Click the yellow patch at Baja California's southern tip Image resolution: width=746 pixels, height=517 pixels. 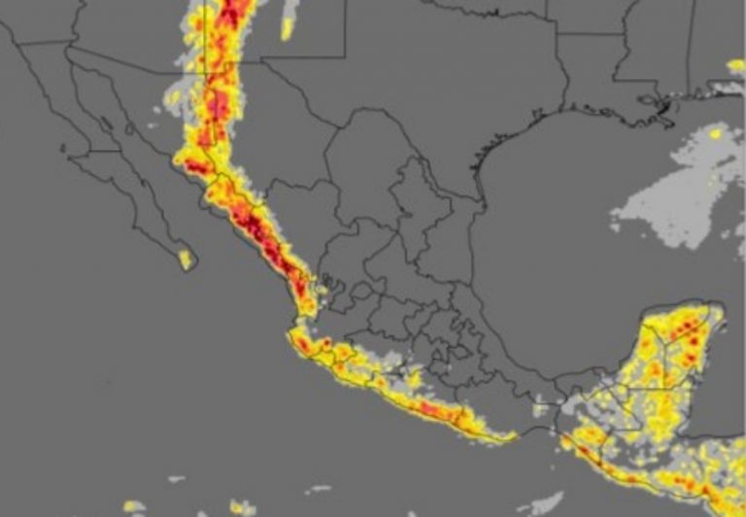pyautogui.click(x=185, y=259)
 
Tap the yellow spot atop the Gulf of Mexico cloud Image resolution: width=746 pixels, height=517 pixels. pyautogui.click(x=716, y=133)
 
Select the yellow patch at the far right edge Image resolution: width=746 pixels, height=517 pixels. pyautogui.click(x=736, y=65)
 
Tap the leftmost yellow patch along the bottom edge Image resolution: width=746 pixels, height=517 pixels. pyautogui.click(x=134, y=506)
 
